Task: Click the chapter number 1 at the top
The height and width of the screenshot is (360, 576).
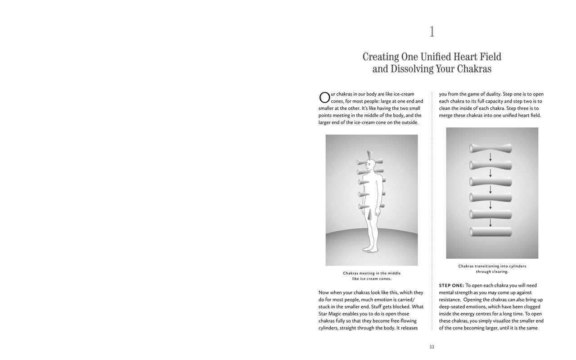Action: (x=432, y=32)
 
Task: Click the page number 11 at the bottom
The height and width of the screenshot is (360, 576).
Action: (x=432, y=347)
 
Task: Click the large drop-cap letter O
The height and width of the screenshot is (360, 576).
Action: (x=324, y=98)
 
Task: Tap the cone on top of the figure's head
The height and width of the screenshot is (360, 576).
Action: (x=370, y=153)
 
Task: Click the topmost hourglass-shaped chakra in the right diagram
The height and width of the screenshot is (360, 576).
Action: (x=490, y=148)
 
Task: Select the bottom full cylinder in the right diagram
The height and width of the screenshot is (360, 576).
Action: (x=490, y=232)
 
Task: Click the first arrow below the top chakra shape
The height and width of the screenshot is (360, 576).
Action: (x=490, y=157)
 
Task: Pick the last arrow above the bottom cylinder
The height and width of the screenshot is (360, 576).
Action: (x=490, y=223)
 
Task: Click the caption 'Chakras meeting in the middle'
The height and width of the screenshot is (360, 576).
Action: (x=372, y=273)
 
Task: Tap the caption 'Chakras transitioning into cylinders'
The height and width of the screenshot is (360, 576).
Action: (x=492, y=266)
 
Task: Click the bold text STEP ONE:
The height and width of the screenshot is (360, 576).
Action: (x=451, y=285)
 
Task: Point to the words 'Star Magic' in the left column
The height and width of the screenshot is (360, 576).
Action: (x=329, y=314)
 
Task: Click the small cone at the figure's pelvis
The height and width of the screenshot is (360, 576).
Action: (x=369, y=215)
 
